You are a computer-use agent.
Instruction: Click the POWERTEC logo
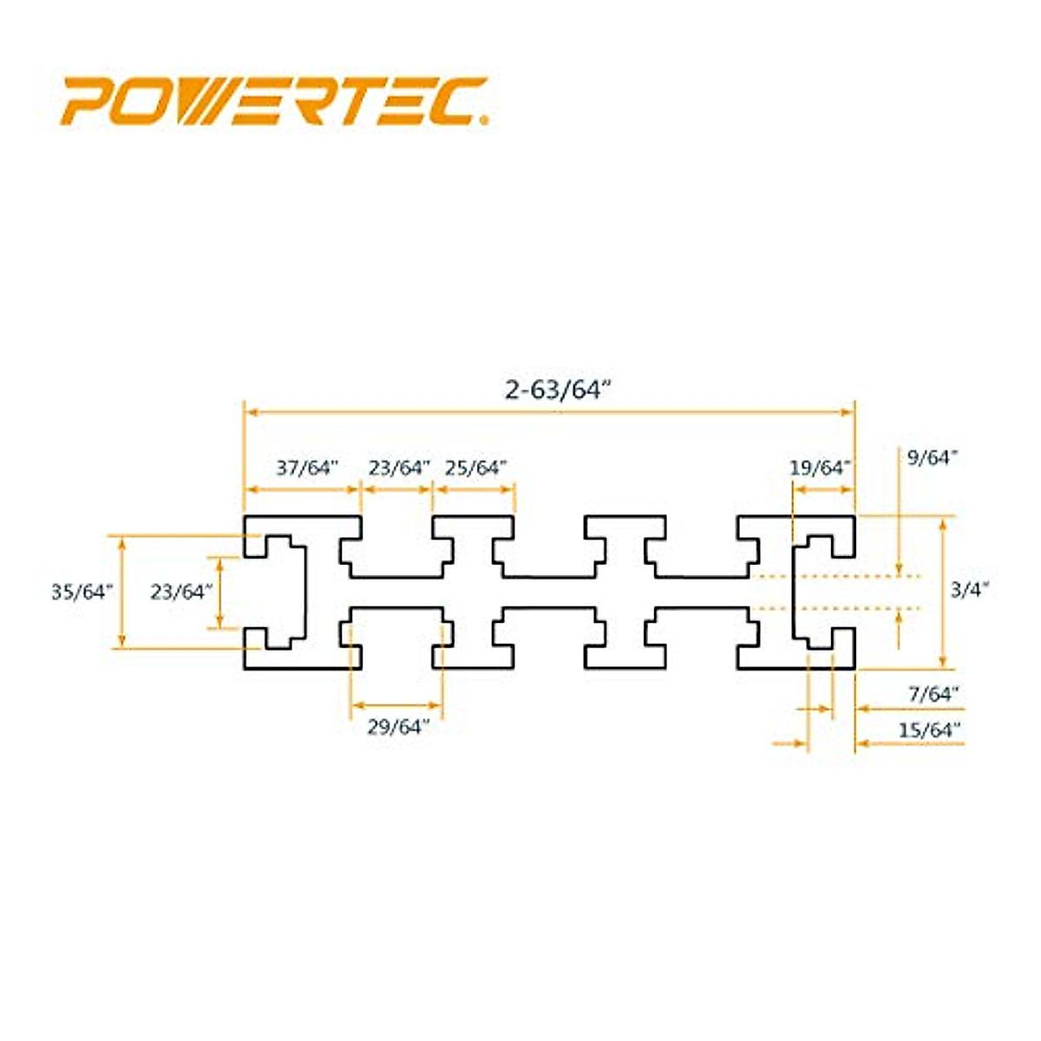click(274, 101)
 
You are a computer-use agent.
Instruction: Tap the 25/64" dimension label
click(475, 468)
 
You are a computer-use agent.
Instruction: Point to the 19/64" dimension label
click(820, 468)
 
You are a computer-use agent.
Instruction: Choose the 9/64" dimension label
click(933, 457)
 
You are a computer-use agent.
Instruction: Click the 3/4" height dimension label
click(970, 591)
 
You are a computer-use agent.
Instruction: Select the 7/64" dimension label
click(933, 694)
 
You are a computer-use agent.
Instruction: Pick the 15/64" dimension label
click(930, 730)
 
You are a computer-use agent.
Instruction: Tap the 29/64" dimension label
click(398, 728)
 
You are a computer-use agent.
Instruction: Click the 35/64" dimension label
click(82, 592)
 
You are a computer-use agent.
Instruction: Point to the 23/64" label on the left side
click(181, 592)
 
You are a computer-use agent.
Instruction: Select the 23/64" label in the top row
click(399, 468)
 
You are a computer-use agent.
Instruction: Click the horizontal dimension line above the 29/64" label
click(396, 704)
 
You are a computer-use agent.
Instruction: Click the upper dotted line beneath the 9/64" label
click(833, 575)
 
